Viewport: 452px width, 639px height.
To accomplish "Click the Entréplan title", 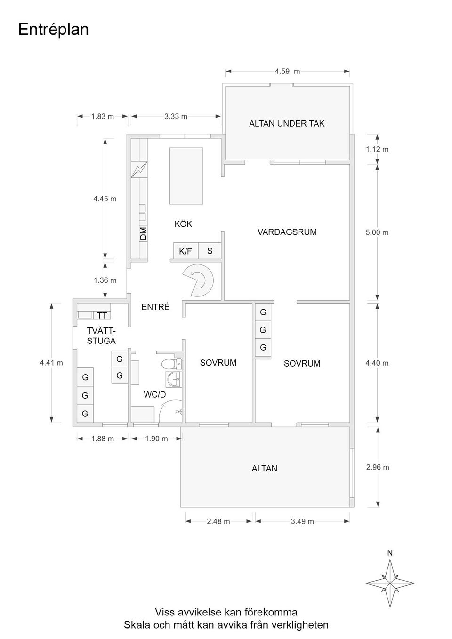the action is [53, 30].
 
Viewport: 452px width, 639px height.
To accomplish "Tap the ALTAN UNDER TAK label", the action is [286, 124].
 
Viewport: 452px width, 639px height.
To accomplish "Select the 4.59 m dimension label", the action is [287, 72].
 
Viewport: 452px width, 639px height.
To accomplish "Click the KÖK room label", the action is [183, 224].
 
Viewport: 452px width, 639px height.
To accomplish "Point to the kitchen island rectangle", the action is [186, 176].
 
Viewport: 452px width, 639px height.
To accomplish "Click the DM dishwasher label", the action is [143, 233].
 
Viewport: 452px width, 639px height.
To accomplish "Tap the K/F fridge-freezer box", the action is [186, 251].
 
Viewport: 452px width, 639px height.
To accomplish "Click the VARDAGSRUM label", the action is [287, 232].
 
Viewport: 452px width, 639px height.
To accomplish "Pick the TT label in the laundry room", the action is [102, 315].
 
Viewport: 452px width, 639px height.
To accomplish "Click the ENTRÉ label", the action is [155, 307].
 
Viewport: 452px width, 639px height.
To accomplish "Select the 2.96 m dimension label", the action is [378, 467].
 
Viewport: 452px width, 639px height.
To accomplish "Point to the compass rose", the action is [390, 583].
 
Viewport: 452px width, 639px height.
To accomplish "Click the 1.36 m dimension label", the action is [105, 280].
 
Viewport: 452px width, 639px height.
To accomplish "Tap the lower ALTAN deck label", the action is [264, 468].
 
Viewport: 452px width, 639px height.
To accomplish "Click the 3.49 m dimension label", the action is [302, 521].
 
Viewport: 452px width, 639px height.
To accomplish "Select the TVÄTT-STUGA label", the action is [101, 336].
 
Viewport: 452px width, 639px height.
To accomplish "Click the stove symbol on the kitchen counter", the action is [139, 169].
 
